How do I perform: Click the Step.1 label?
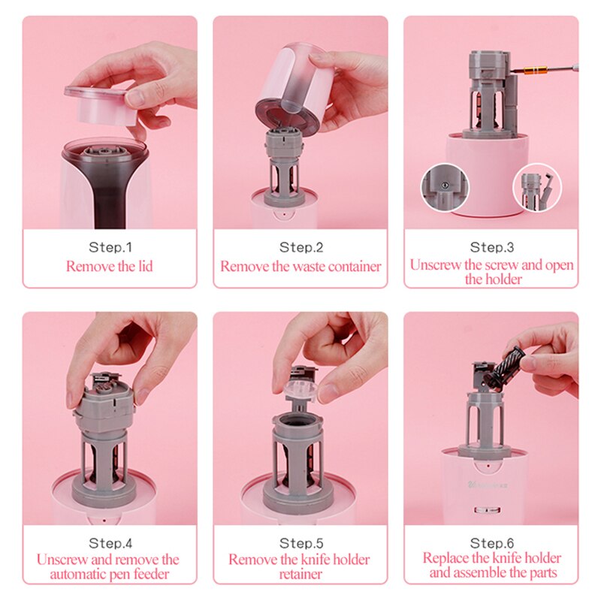[x=110, y=247]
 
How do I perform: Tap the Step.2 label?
[x=301, y=247]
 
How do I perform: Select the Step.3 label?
[x=492, y=247]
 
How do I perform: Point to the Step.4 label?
[x=110, y=543]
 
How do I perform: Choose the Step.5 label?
[x=301, y=543]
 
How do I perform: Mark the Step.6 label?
[x=492, y=543]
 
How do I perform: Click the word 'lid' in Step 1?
[x=145, y=266]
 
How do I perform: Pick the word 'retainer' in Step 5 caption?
[x=300, y=574]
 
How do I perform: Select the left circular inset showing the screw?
[x=445, y=187]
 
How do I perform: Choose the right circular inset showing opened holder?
[x=537, y=188]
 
